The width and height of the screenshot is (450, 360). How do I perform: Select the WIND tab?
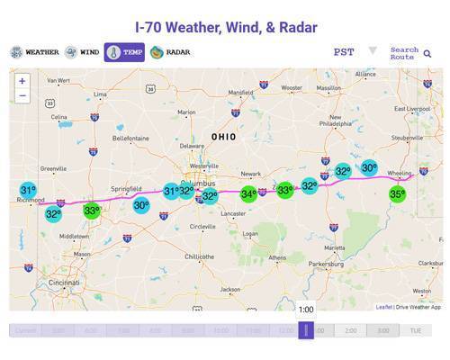click(x=82, y=52)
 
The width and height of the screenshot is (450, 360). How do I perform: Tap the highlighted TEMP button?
click(x=124, y=52)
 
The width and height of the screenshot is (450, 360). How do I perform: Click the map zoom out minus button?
click(x=22, y=95)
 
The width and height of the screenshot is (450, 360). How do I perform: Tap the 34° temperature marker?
click(x=248, y=193)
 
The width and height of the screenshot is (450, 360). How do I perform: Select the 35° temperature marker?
click(x=397, y=193)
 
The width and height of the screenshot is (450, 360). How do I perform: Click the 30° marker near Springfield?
click(x=141, y=205)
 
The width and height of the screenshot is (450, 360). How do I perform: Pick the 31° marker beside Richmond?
click(x=28, y=191)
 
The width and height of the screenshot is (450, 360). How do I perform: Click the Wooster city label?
click(x=292, y=88)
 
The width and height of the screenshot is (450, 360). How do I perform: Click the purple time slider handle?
click(x=306, y=330)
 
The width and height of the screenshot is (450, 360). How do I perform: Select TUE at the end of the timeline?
click(x=416, y=331)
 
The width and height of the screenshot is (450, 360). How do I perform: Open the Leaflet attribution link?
click(x=384, y=307)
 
